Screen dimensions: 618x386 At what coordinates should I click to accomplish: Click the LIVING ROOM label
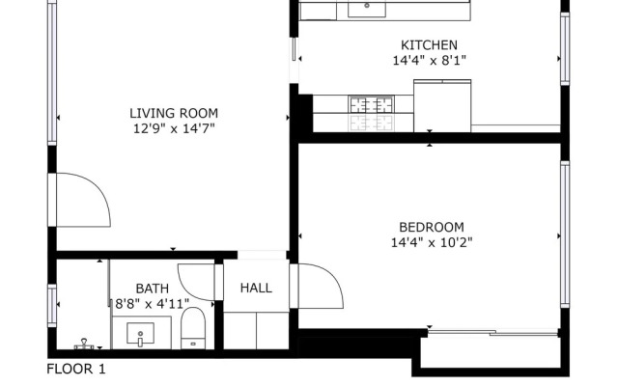[174, 114]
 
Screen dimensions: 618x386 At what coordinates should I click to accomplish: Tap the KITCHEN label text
[429, 45]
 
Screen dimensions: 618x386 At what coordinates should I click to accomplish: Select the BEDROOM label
[432, 228]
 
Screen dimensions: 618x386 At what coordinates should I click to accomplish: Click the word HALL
[256, 288]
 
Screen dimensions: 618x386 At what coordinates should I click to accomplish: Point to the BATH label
[153, 289]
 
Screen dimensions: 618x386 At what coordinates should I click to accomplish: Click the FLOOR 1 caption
[76, 369]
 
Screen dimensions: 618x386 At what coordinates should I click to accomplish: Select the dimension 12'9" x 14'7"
[174, 128]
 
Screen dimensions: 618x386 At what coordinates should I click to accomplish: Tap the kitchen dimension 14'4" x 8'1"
[429, 60]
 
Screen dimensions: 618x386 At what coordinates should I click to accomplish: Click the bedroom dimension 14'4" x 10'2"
[432, 242]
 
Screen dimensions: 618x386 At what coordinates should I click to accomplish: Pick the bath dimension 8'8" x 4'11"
[153, 304]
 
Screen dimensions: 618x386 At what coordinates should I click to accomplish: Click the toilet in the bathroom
[193, 328]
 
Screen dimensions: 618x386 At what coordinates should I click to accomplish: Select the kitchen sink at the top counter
[367, 10]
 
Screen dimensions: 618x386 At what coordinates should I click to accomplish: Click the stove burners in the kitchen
[371, 104]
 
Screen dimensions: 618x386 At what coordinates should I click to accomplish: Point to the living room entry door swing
[84, 200]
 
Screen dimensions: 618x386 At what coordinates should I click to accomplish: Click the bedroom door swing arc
[322, 286]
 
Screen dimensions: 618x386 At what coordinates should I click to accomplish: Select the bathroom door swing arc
[196, 282]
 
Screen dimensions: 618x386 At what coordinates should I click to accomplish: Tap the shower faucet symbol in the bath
[84, 344]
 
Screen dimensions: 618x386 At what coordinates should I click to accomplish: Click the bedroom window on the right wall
[565, 234]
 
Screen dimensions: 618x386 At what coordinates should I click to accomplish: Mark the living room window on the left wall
[52, 73]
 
